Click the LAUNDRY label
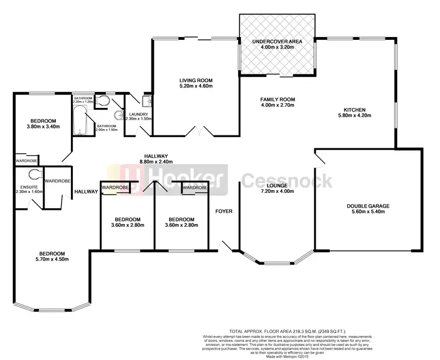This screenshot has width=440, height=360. click(140, 115)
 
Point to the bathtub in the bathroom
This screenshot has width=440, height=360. click(79, 121)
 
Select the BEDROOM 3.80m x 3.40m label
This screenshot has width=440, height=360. click(41, 123)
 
